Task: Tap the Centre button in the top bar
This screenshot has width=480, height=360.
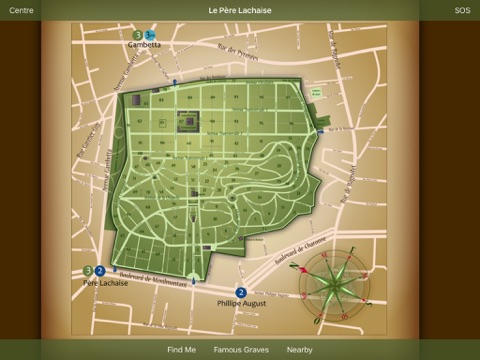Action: point(21,10)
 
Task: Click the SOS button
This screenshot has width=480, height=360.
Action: point(461,10)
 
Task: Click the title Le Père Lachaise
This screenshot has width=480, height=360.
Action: point(240,10)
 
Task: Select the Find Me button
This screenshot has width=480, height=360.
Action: point(182,350)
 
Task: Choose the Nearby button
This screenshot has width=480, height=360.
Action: point(299,350)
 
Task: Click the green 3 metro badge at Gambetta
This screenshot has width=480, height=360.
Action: point(137,35)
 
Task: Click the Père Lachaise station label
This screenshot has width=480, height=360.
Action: point(105,282)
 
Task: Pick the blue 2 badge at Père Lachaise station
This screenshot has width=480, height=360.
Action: point(100,270)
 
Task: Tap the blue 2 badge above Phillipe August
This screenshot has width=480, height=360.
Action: point(241,292)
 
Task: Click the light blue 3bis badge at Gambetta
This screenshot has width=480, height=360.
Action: point(150,35)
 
